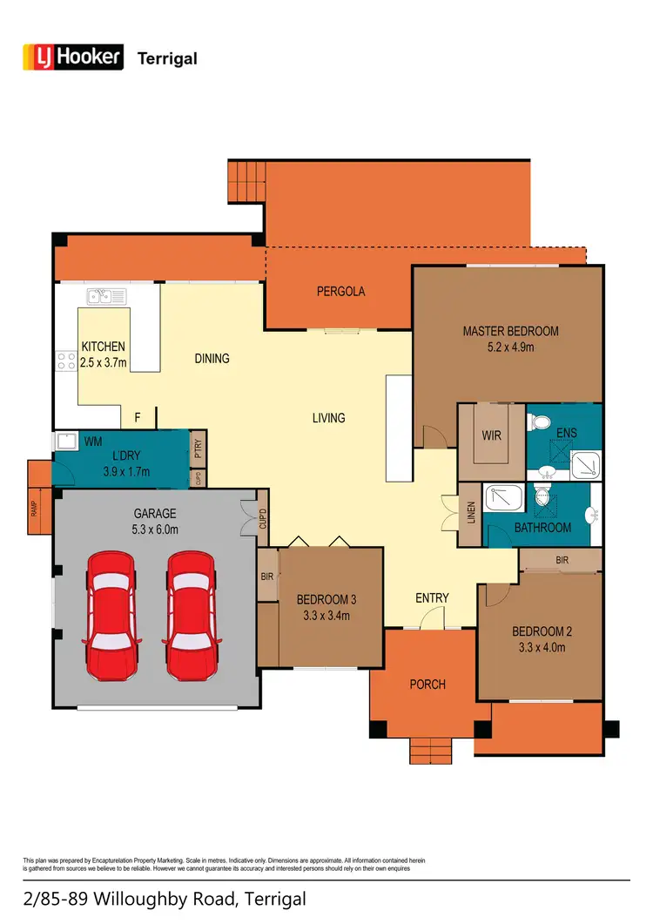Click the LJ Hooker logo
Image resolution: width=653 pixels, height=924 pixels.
(x=72, y=57)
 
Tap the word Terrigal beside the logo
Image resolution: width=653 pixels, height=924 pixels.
(x=167, y=58)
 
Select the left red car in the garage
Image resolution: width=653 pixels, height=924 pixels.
(x=111, y=615)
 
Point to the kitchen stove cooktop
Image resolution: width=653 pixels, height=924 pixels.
(x=64, y=360)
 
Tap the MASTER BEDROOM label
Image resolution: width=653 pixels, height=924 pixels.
(x=510, y=331)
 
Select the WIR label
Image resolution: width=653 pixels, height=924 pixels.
(x=491, y=435)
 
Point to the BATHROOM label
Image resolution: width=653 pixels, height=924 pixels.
(x=542, y=528)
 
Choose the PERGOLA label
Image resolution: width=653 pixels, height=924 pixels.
(x=340, y=292)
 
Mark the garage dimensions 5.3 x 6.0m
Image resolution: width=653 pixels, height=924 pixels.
(x=155, y=529)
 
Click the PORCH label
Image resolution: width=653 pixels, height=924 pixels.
(x=427, y=685)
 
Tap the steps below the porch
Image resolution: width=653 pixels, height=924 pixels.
(x=431, y=750)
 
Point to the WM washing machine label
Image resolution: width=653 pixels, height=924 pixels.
(x=92, y=442)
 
